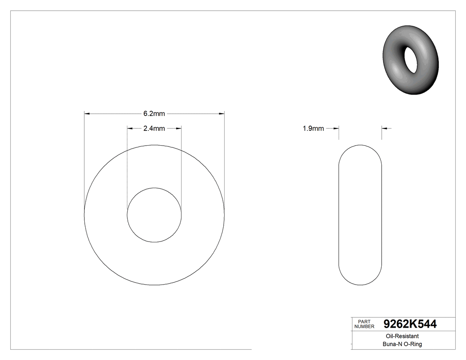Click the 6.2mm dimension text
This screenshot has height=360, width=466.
point(154,114)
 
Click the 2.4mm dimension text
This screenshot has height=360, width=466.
point(154,129)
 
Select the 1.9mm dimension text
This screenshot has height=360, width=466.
point(313,129)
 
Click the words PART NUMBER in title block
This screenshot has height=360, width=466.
point(364,324)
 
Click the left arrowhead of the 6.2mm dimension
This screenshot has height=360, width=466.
point(87,114)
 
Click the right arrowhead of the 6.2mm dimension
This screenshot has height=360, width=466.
point(221,114)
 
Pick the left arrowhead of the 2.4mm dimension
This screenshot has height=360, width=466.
point(130,129)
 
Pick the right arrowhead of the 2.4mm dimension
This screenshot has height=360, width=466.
point(178,129)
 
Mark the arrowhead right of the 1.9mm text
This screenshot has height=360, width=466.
point(336,129)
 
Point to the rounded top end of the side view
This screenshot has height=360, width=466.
point(360,146)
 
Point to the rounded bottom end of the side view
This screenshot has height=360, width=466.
point(360,283)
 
